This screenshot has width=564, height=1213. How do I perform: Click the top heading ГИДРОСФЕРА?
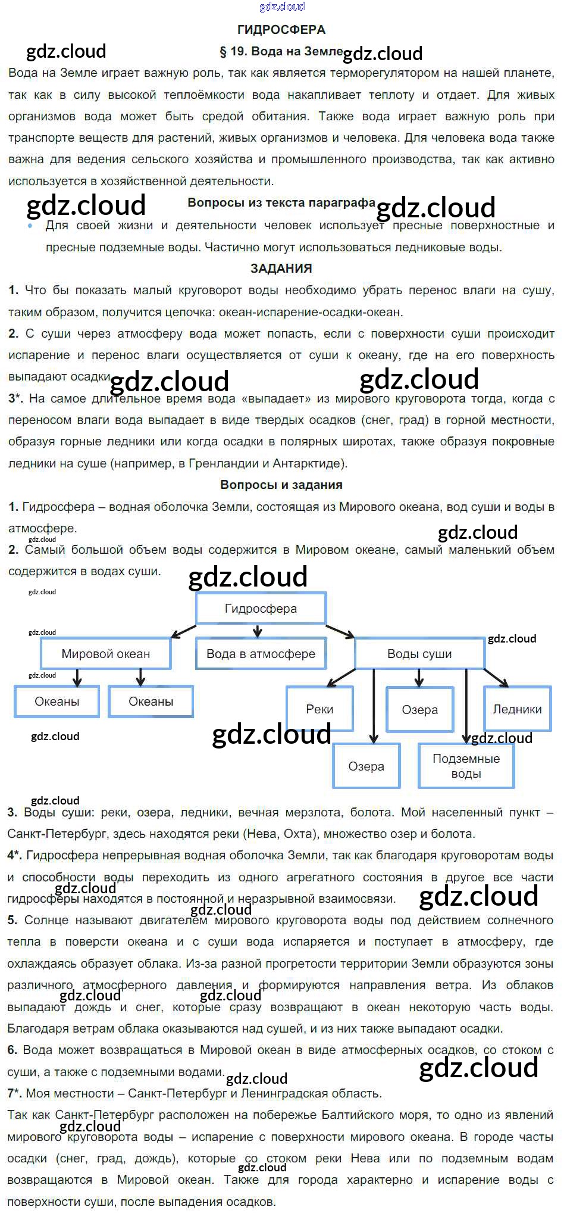(281, 30)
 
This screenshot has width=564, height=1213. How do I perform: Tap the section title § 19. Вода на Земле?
(281, 52)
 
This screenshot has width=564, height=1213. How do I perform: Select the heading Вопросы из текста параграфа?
(281, 202)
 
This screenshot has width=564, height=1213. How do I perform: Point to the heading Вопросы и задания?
(281, 485)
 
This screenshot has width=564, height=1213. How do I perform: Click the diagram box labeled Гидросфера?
(261, 609)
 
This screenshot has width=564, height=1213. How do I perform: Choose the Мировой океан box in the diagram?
(105, 654)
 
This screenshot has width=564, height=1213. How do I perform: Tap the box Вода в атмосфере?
(261, 654)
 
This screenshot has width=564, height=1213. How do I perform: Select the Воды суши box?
(419, 654)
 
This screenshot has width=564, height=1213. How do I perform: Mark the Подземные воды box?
(466, 766)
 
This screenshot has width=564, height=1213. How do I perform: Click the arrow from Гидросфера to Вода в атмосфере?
(257, 631)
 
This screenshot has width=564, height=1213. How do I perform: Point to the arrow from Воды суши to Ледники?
(496, 678)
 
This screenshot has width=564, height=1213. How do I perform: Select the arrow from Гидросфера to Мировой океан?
(183, 632)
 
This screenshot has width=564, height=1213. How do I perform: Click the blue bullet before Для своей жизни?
(30, 226)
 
